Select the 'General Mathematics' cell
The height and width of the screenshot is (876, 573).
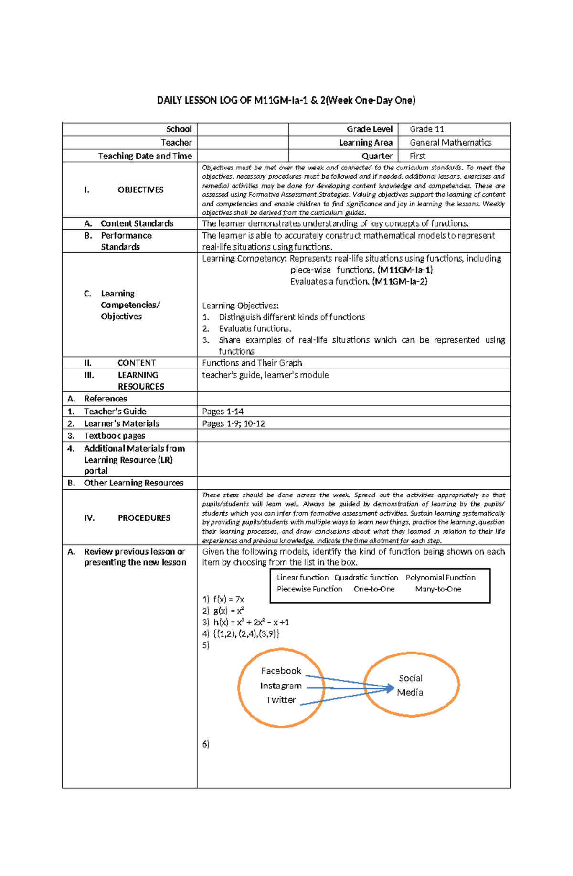pos(450,143)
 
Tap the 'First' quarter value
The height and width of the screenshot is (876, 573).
pos(417,156)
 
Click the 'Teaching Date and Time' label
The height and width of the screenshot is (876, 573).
pos(145,156)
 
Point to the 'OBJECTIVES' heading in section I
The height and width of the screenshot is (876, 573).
pos(140,190)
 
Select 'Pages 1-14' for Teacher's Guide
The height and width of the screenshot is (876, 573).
pos(223,412)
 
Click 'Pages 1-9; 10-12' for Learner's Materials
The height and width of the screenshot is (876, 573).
pos(233,423)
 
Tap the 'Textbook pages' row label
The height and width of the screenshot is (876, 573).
pos(115,436)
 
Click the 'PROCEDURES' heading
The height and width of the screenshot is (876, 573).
pos(144,518)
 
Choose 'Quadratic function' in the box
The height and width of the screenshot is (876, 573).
pos(366,578)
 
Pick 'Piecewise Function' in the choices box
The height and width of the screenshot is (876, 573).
pos(309,589)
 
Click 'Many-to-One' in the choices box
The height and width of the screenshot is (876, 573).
pos(438,589)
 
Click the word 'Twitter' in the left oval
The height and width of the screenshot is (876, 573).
pos(281,700)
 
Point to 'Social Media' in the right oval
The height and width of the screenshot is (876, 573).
pos(410,685)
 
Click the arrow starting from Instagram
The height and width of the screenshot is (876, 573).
pos(349,688)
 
